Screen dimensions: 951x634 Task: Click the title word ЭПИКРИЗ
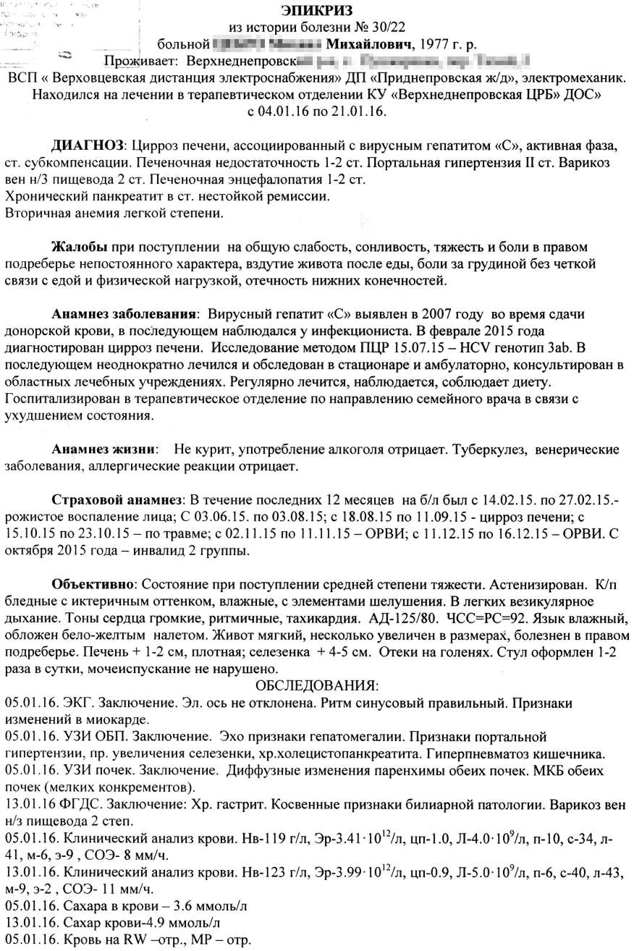tap(316, 11)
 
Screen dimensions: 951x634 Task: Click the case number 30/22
tap(387, 28)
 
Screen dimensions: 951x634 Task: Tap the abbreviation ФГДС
tap(80, 805)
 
